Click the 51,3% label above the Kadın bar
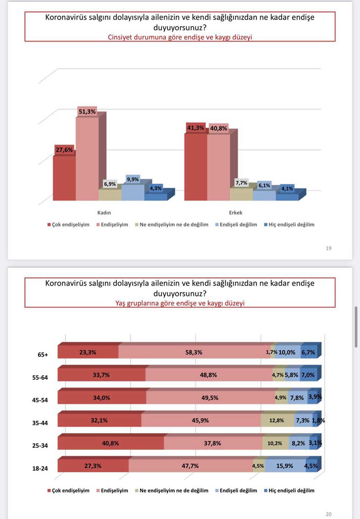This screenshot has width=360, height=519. click(87, 112)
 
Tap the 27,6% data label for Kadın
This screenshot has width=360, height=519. click(64, 150)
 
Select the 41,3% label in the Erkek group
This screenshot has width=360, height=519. click(195, 128)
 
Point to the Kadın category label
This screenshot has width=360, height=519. click(104, 213)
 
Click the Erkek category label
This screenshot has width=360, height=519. click(235, 213)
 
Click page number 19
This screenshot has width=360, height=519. click(328, 248)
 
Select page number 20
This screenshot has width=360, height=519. click(328, 514)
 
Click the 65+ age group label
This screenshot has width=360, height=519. click(43, 355)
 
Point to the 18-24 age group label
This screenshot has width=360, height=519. click(40, 469)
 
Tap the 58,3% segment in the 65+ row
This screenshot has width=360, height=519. click(194, 352)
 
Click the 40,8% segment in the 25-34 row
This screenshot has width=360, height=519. click(110, 443)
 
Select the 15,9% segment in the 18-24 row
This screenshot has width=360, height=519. click(284, 466)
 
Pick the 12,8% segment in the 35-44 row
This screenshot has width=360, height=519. click(277, 420)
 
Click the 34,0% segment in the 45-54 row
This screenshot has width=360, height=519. click(102, 398)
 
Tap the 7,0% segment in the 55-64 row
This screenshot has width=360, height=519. click(308, 375)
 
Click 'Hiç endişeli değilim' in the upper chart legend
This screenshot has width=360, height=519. click(291, 224)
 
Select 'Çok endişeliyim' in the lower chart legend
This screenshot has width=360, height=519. click(70, 490)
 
